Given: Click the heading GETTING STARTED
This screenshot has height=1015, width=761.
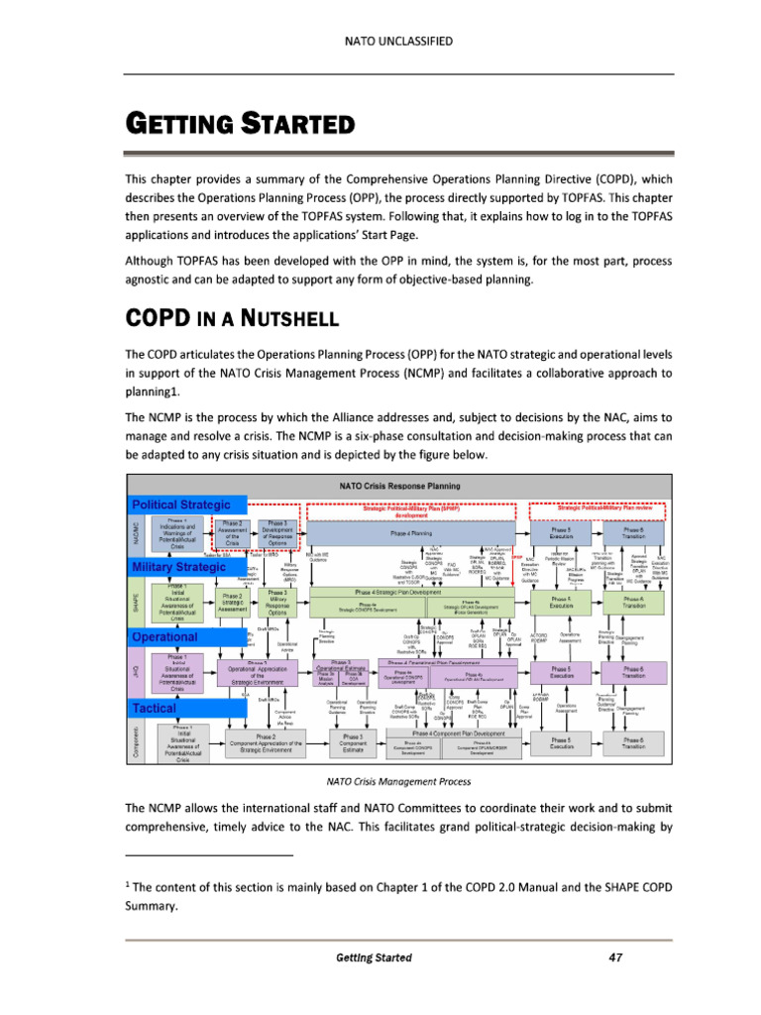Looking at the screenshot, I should [x=238, y=127].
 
